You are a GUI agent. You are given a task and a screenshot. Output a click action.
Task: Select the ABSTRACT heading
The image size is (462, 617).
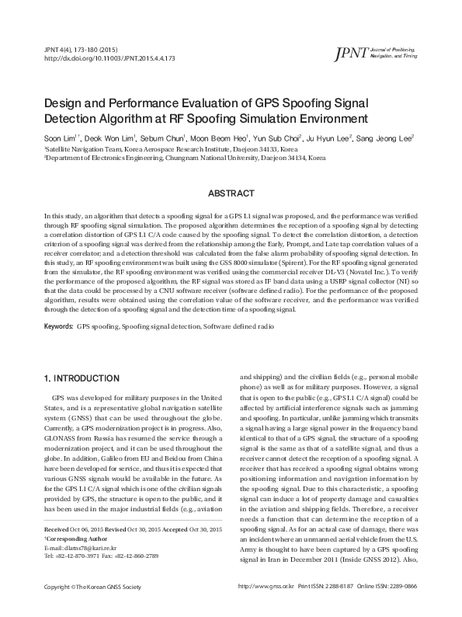point(231,193)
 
